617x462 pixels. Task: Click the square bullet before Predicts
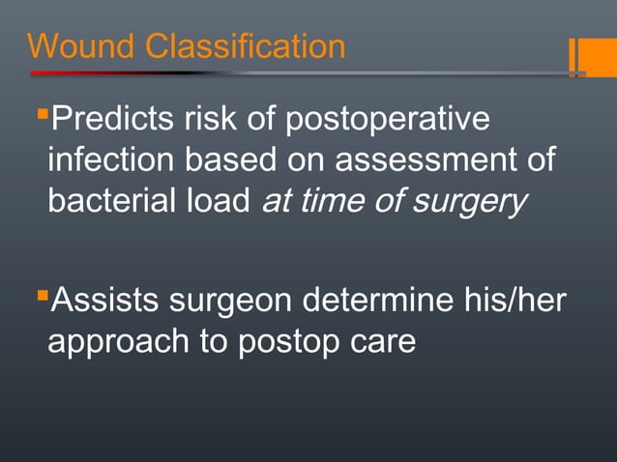(x=41, y=116)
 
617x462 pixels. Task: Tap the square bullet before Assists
(x=41, y=294)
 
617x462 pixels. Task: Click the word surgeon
(x=232, y=302)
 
